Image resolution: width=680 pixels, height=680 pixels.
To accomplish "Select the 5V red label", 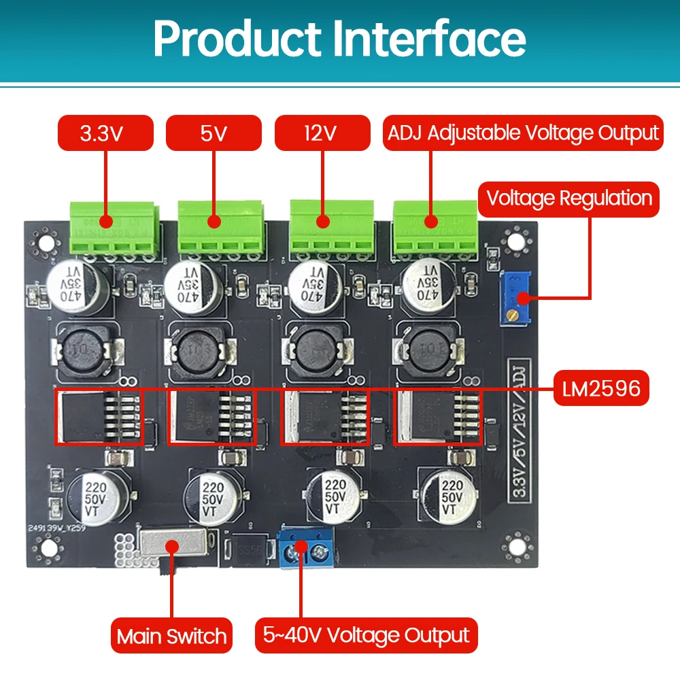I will [x=213, y=133].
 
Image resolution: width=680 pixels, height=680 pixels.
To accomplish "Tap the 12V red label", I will [x=322, y=133].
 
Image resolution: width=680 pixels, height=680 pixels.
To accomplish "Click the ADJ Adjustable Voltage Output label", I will [x=522, y=133].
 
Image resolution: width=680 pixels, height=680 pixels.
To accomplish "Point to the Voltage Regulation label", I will [x=570, y=199].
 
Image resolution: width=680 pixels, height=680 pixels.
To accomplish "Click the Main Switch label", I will [x=171, y=636].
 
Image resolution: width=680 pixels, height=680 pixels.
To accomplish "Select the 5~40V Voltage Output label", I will [x=366, y=636].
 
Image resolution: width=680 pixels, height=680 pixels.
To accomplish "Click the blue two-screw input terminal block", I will [x=306, y=549].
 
